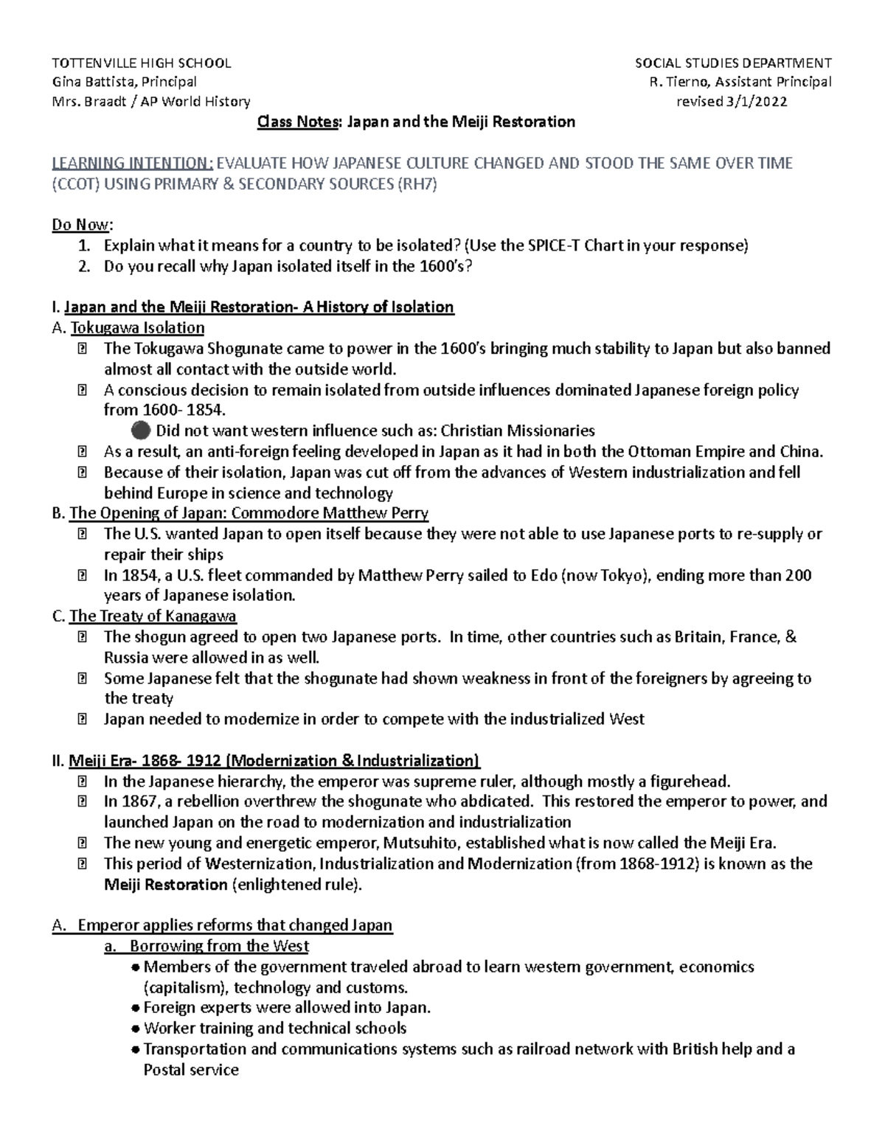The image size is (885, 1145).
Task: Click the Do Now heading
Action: (x=81, y=225)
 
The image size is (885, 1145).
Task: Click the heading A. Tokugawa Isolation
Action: (x=128, y=327)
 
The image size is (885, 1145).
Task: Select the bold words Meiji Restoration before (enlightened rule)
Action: (x=166, y=885)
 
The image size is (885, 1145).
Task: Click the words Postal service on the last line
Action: (x=191, y=1070)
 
